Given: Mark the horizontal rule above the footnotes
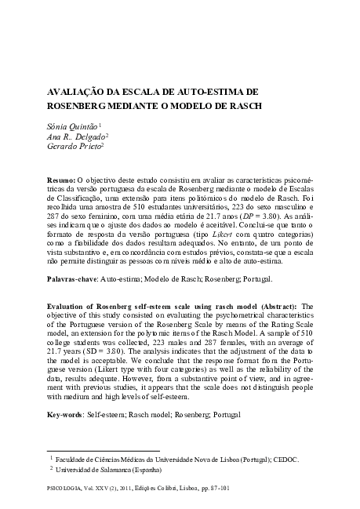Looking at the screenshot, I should click(x=93, y=449).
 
